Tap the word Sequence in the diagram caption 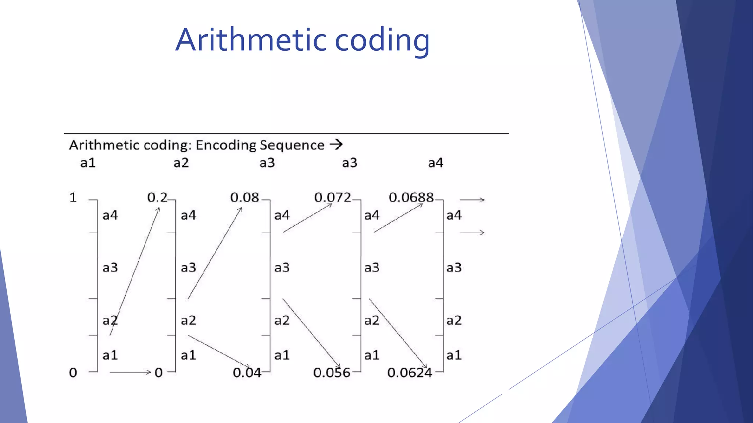pyautogui.click(x=292, y=145)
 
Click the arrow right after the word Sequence pyautogui.click(x=336, y=145)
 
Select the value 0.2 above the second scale pyautogui.click(x=157, y=198)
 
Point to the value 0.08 pyautogui.click(x=245, y=198)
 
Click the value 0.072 pyautogui.click(x=332, y=198)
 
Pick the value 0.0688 pyautogui.click(x=411, y=198)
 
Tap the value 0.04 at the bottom pyautogui.click(x=247, y=373)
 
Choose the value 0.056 pyautogui.click(x=331, y=373)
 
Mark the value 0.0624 pyautogui.click(x=410, y=373)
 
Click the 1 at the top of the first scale pyautogui.click(x=73, y=198)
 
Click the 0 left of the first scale pyautogui.click(x=73, y=373)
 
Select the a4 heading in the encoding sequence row pyautogui.click(x=436, y=163)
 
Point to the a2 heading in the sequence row pyautogui.click(x=181, y=163)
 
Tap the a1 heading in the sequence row pyautogui.click(x=88, y=163)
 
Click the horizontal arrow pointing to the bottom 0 pyautogui.click(x=130, y=372)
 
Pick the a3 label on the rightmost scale pyautogui.click(x=454, y=267)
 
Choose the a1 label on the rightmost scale pyautogui.click(x=454, y=355)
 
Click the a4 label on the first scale pyautogui.click(x=110, y=215)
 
